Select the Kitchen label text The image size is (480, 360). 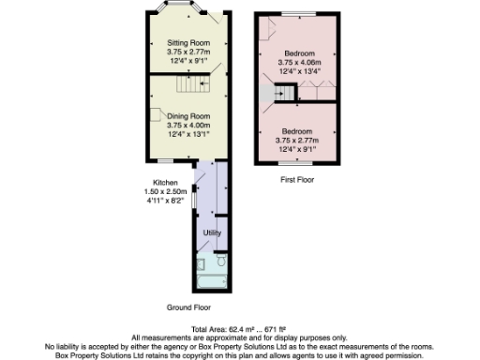pos(168,182)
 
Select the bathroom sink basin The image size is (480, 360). pos(200,262)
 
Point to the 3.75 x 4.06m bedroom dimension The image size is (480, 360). pos(298,61)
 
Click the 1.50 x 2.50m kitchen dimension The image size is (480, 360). pos(167,191)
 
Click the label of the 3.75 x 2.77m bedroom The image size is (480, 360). pos(298,131)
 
